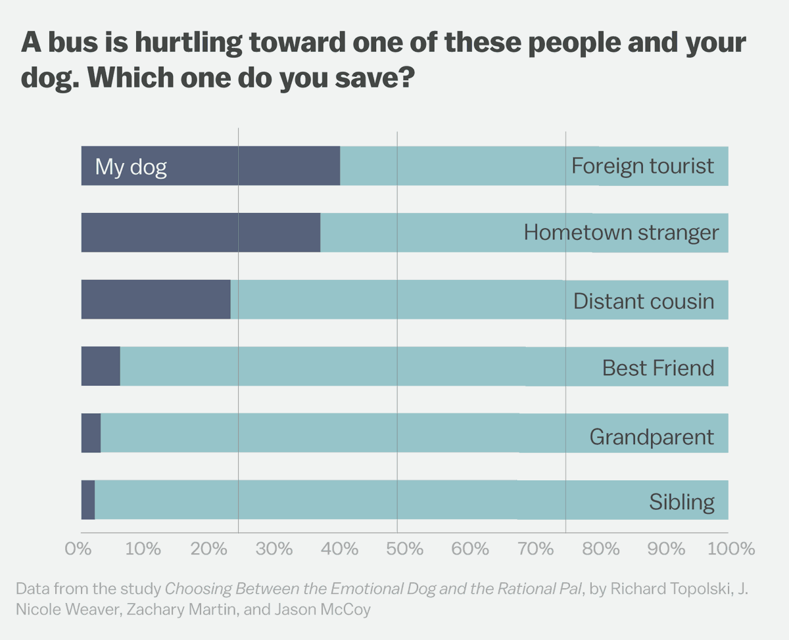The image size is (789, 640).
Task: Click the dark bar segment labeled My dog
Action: click(210, 166)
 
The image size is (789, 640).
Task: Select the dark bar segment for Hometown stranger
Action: click(201, 233)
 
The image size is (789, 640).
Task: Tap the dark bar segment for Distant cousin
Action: click(156, 300)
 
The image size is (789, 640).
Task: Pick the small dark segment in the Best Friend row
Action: click(101, 367)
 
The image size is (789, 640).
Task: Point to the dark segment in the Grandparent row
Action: click(91, 433)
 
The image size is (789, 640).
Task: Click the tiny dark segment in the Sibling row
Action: click(88, 500)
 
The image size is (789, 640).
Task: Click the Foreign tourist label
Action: click(642, 166)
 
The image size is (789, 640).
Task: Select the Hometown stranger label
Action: click(621, 233)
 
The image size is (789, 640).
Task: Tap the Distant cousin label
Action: click(644, 301)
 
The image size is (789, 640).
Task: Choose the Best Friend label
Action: click(658, 368)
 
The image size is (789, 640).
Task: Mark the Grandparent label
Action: click(652, 437)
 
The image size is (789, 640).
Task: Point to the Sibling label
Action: click(682, 503)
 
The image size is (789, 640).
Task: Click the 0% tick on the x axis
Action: click(78, 549)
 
